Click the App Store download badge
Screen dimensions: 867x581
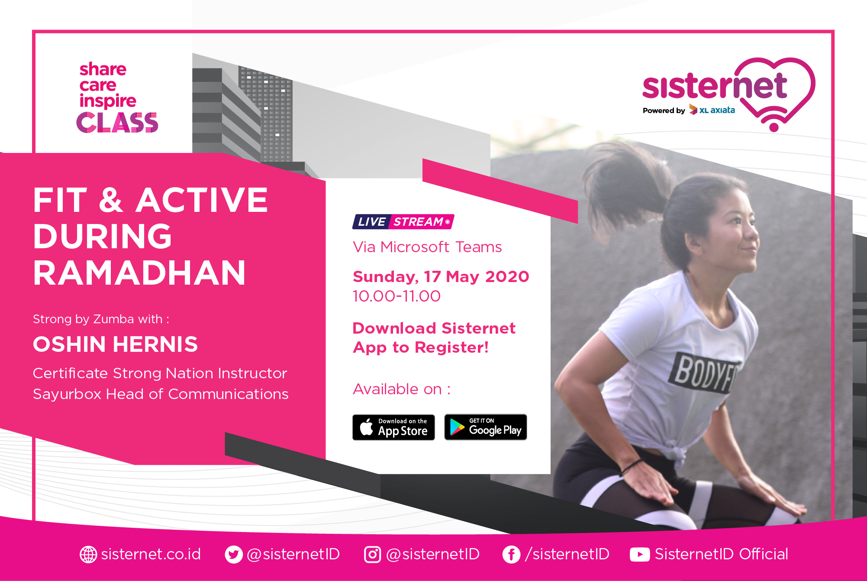coord(393,427)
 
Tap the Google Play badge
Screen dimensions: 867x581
coord(486,427)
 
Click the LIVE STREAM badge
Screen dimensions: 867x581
coord(403,221)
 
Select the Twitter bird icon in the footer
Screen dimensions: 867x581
coord(234,554)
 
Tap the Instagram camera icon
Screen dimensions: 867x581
coord(372,554)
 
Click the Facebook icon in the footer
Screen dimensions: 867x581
coord(511,554)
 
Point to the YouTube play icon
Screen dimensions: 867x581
coord(640,554)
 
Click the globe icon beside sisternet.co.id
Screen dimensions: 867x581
coord(88,554)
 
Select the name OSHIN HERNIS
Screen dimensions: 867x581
coord(116,344)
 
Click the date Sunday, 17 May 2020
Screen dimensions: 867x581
coord(441,276)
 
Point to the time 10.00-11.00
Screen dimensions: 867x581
coord(396,296)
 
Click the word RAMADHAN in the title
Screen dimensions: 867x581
coord(139,273)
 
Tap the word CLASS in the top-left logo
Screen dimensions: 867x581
coord(117,123)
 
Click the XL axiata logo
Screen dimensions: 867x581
coord(712,110)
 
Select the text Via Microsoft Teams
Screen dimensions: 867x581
coord(427,247)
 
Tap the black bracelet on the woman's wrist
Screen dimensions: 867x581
coord(632,467)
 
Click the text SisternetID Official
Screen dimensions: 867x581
coord(722,554)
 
